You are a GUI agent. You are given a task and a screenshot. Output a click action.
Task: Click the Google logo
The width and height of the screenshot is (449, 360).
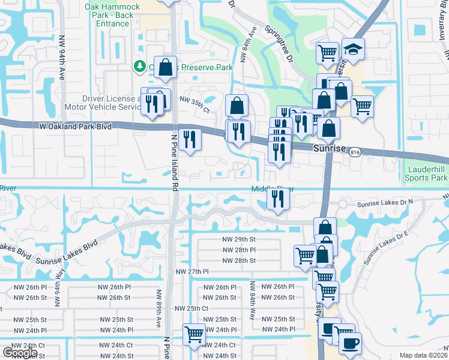19,353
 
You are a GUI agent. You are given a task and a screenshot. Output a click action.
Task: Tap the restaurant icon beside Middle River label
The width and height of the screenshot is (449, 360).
277,198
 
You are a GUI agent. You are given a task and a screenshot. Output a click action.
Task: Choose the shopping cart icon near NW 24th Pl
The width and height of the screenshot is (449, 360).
194,334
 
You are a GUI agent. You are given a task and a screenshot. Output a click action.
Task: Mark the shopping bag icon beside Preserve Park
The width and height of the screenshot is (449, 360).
165,68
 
